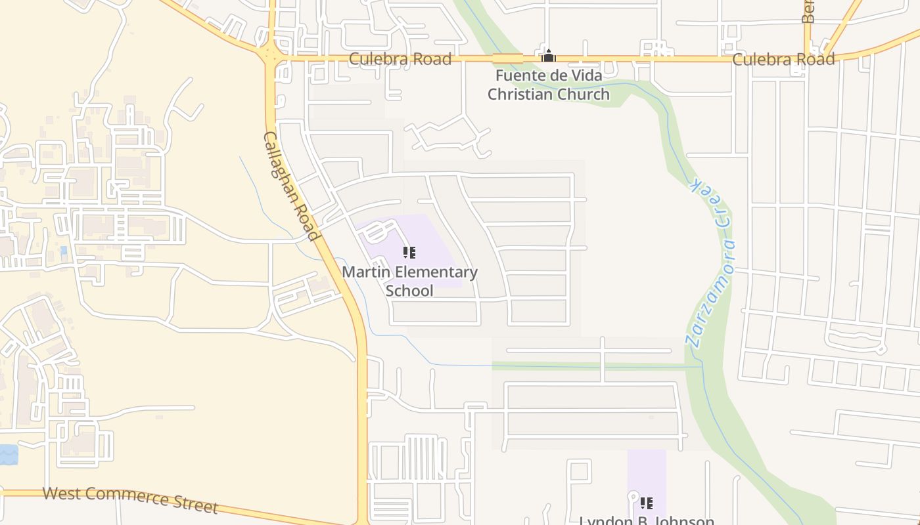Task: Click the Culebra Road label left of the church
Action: (x=400, y=59)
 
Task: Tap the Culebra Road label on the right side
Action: (x=783, y=59)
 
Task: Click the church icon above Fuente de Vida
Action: (x=548, y=56)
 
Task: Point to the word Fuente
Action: (x=520, y=75)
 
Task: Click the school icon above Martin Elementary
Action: (x=409, y=253)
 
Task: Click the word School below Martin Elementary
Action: (x=409, y=291)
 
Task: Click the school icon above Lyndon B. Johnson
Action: (x=647, y=503)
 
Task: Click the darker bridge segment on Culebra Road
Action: (x=508, y=58)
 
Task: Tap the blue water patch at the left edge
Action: (x=8, y=454)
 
